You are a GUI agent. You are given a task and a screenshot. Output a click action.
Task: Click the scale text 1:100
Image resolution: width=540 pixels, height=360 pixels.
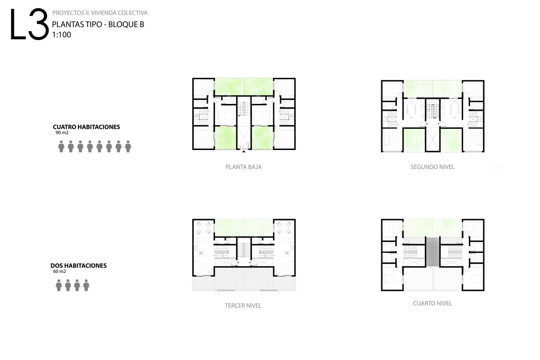[x=62, y=35]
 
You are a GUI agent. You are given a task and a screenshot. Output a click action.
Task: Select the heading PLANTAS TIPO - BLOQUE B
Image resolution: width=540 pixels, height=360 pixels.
[x=98, y=24]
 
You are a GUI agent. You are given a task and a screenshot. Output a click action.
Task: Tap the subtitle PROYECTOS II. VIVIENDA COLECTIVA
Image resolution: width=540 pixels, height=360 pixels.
[x=100, y=13]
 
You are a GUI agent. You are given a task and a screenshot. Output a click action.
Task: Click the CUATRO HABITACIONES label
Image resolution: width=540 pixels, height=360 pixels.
[x=86, y=127]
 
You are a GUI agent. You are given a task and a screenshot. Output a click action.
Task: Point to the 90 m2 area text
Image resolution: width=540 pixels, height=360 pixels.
[x=62, y=133]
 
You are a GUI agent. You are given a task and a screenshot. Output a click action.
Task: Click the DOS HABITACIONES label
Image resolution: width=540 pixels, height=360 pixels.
[x=79, y=266]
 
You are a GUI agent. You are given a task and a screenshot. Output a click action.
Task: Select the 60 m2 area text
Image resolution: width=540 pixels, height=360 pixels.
[x=59, y=271]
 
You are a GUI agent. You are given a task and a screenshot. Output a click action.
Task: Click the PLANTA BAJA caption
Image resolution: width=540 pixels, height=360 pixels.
[x=243, y=167]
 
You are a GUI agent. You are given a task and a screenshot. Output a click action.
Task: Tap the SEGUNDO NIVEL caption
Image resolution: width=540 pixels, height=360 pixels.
[x=432, y=167]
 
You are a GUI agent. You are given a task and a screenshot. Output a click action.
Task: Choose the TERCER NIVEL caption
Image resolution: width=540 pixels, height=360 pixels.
[x=243, y=305]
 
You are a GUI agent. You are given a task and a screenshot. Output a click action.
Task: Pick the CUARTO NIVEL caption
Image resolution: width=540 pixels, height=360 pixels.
[x=432, y=303]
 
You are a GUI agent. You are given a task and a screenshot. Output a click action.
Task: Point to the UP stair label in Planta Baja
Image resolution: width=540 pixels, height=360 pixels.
[x=239, y=116]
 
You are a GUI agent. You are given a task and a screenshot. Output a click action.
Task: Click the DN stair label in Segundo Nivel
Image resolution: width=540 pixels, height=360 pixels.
[x=434, y=118]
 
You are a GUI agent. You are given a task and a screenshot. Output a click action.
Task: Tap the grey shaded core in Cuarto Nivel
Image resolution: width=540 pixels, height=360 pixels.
[x=432, y=252]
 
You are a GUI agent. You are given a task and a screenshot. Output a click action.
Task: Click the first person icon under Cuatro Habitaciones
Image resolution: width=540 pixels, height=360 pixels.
[x=61, y=146]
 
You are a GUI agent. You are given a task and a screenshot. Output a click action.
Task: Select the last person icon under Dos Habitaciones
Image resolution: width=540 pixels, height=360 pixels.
[x=86, y=285]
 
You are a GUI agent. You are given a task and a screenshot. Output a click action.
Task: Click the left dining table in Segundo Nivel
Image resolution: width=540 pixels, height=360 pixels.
[x=411, y=108]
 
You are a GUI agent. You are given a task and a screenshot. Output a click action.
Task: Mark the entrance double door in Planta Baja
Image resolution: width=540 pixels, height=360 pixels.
[x=244, y=147]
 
